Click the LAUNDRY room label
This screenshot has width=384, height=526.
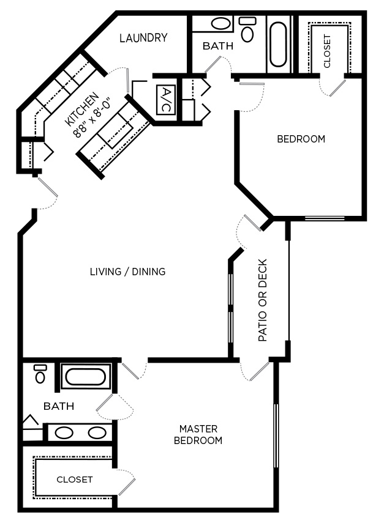(143, 38)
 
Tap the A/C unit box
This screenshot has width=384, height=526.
(165, 100)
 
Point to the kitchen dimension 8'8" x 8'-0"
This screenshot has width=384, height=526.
(92, 117)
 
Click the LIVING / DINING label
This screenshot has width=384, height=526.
(127, 272)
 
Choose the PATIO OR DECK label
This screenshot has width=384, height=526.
(263, 300)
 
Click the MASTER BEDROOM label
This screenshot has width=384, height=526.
(198, 435)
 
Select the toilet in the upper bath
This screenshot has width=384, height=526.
(247, 30)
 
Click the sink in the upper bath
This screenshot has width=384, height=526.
(220, 24)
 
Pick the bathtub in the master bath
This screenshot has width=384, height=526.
(86, 376)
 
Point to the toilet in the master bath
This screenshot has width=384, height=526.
(40, 374)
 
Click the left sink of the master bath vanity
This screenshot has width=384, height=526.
(64, 432)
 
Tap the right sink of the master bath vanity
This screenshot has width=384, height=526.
(97, 432)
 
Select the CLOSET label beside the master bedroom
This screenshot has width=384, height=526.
(75, 480)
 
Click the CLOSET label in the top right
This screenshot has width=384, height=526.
(327, 52)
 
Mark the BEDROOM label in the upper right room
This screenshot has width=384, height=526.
(301, 139)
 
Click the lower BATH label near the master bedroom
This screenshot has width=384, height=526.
(59, 406)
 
